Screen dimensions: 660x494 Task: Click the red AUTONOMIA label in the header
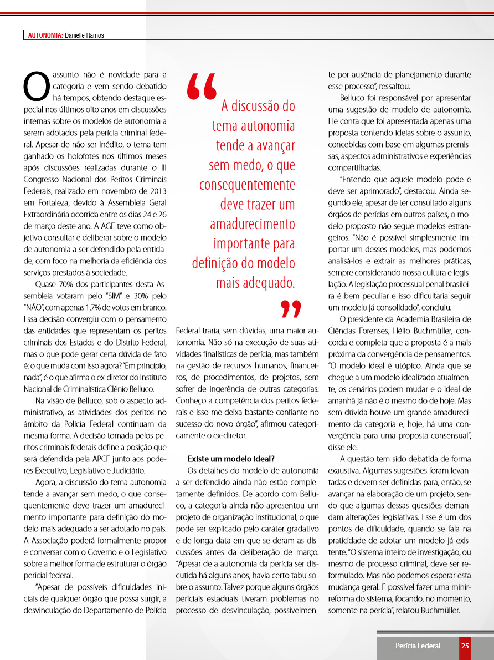pos(45,35)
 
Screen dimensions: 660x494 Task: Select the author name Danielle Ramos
pos(84,35)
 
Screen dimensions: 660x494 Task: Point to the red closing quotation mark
pos(290,309)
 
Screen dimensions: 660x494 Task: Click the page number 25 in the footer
pos(465,646)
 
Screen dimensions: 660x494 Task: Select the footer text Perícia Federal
pos(418,646)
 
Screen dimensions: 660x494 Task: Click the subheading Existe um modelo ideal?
pos(231,459)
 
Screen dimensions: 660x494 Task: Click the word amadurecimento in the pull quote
pos(253,224)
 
